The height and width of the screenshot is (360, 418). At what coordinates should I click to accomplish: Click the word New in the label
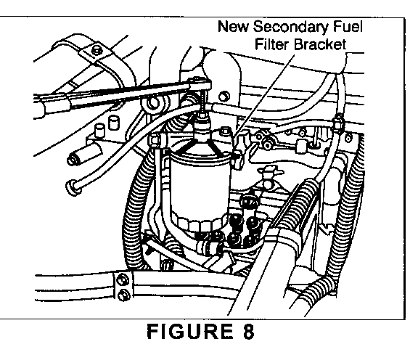(233, 27)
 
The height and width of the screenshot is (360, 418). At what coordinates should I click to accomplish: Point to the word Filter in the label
(272, 44)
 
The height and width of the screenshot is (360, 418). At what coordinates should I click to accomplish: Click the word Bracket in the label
(321, 44)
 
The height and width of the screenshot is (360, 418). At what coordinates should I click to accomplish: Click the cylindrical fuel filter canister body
(199, 187)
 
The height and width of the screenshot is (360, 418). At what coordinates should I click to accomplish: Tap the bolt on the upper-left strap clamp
(96, 50)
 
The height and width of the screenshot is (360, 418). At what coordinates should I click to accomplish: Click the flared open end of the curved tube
(72, 186)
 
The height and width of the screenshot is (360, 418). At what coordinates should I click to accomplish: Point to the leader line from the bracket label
(264, 95)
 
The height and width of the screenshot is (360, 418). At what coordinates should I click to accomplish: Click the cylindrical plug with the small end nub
(85, 157)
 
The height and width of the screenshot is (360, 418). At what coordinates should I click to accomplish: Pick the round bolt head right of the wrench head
(224, 97)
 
